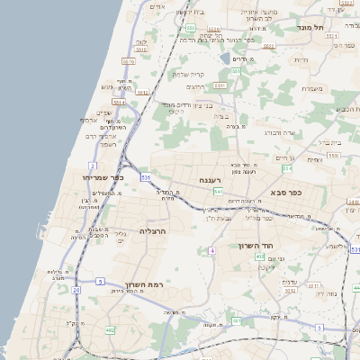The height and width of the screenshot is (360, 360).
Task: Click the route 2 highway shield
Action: tap(93, 167)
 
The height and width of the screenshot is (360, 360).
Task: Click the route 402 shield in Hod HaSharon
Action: tap(259, 256)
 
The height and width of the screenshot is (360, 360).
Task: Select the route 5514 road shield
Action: tap(128, 60)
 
